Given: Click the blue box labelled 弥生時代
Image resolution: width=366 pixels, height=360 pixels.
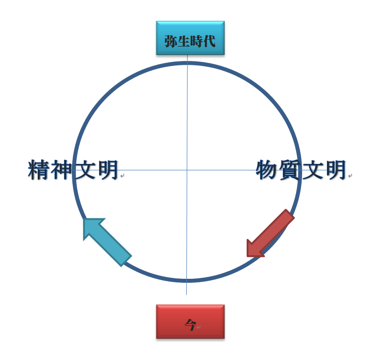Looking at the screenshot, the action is [190, 38].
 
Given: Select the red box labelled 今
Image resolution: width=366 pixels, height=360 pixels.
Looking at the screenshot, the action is [190, 321].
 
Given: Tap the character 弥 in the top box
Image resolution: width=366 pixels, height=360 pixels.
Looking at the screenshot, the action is [171, 41].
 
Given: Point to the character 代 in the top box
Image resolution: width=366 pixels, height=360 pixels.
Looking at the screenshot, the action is [209, 41].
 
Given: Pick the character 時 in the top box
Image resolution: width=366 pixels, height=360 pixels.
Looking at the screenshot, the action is [197, 41].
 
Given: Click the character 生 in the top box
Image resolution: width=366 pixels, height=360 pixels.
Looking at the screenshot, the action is [184, 41].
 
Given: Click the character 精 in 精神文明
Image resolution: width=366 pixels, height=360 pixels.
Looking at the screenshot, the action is [39, 170].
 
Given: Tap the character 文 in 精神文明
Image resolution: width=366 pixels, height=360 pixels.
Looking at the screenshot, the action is [85, 170].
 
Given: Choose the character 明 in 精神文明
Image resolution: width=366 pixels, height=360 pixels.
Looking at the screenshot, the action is [107, 170].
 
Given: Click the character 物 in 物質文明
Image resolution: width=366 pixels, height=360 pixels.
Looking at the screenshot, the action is [267, 170].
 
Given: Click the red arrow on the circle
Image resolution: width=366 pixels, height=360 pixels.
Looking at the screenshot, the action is [270, 233].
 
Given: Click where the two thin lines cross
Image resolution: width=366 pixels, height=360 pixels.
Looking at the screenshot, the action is [187, 170].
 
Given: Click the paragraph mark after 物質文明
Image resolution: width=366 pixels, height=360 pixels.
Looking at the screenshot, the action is [350, 176].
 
